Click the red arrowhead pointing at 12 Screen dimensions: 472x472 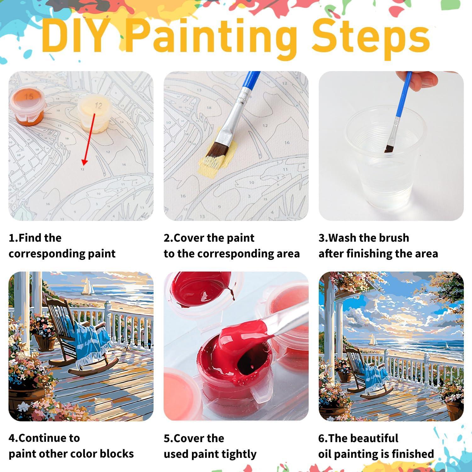[84, 162]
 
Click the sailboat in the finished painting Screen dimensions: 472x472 [373, 340]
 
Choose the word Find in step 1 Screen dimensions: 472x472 [31, 238]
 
